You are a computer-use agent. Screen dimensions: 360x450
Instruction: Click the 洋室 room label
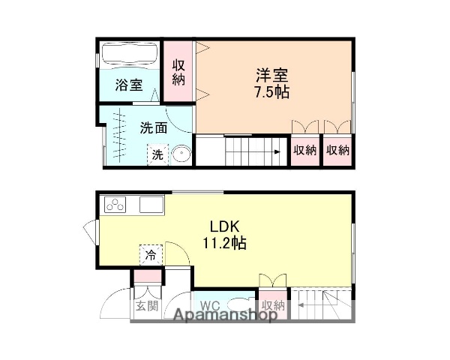coord(271,75)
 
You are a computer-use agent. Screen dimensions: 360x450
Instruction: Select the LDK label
coord(223,226)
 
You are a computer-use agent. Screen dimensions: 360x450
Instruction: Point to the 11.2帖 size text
coord(223,243)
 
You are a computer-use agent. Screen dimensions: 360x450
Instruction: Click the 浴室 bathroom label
coord(128,85)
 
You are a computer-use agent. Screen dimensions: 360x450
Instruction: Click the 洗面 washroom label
coord(153,127)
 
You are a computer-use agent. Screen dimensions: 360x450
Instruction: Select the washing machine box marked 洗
coord(157,154)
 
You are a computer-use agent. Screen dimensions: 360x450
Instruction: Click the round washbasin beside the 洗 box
coord(181,154)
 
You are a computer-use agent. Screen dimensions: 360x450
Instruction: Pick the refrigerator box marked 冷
coord(149,255)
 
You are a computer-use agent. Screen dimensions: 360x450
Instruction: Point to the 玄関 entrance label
coord(146,305)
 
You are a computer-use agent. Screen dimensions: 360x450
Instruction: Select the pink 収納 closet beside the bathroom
coord(178,72)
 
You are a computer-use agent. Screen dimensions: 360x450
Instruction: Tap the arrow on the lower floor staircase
coord(299,305)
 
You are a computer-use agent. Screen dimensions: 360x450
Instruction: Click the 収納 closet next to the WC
coord(273,305)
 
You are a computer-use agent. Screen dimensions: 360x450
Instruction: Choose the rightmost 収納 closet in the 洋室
coord(338,150)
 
